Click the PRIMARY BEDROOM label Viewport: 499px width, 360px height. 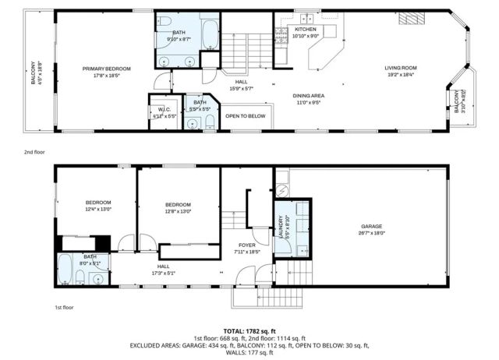pyautogui.click(x=106, y=69)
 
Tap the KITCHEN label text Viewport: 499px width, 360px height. pyautogui.click(x=305, y=29)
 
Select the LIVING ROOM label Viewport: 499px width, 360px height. pyautogui.click(x=402, y=69)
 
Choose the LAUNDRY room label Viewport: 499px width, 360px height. pyautogui.click(x=281, y=224)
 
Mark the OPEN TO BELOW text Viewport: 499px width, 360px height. pyautogui.click(x=245, y=116)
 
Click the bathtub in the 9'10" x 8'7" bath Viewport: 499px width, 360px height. pyautogui.click(x=211, y=34)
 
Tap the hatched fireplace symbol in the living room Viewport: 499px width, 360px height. pyautogui.click(x=410, y=20)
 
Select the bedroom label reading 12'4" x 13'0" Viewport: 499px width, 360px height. pyautogui.click(x=98, y=206)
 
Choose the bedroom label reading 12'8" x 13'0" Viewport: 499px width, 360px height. pyautogui.click(x=179, y=206)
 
